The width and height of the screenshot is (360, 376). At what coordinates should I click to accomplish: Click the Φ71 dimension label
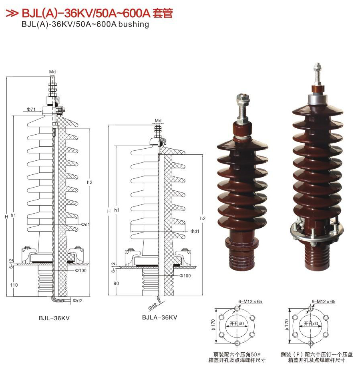31,109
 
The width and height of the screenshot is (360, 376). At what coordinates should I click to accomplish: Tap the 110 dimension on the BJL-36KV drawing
14,285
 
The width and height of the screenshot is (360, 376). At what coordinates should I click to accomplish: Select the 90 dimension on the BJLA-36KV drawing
116,283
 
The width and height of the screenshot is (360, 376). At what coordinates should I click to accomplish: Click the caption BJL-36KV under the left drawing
54,318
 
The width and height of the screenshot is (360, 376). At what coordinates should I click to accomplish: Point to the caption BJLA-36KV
159,317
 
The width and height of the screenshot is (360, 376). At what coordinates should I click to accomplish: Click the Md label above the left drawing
52,72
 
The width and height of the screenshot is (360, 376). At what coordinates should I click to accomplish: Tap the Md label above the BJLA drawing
158,120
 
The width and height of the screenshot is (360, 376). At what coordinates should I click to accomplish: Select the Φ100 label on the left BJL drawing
81,271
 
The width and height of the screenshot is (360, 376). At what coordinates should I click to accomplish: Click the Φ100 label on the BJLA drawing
185,276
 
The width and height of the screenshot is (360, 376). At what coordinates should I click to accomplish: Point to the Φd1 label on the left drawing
85,224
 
